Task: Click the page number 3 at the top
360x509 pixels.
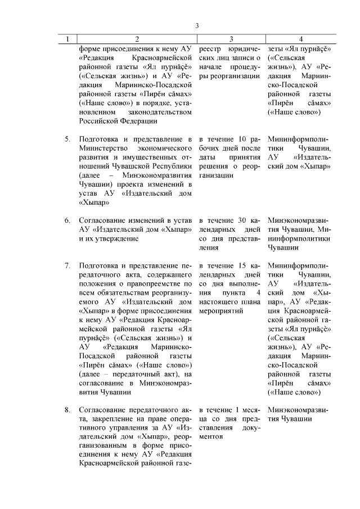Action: click(x=197, y=25)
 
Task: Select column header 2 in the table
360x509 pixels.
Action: click(x=137, y=39)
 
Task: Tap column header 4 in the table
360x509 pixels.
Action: click(x=301, y=39)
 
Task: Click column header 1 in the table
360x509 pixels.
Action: click(x=68, y=39)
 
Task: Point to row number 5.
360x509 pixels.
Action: click(x=67, y=139)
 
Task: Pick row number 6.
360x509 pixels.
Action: click(x=67, y=220)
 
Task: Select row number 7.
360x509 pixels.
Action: click(x=67, y=265)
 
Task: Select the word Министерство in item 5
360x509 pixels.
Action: click(x=106, y=148)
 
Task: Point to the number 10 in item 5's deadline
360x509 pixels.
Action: click(x=242, y=139)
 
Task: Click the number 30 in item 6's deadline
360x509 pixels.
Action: click(x=242, y=220)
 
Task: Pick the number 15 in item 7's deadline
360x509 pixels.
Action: click(x=242, y=265)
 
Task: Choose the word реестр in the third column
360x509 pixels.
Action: click(x=212, y=49)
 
